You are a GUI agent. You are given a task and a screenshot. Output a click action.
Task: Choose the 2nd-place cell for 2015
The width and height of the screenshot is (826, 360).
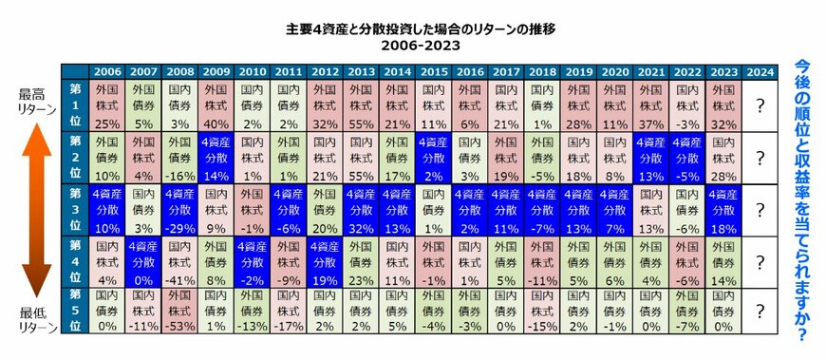[433, 158]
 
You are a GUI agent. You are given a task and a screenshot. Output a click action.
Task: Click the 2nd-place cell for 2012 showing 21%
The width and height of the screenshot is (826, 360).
[324, 158]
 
